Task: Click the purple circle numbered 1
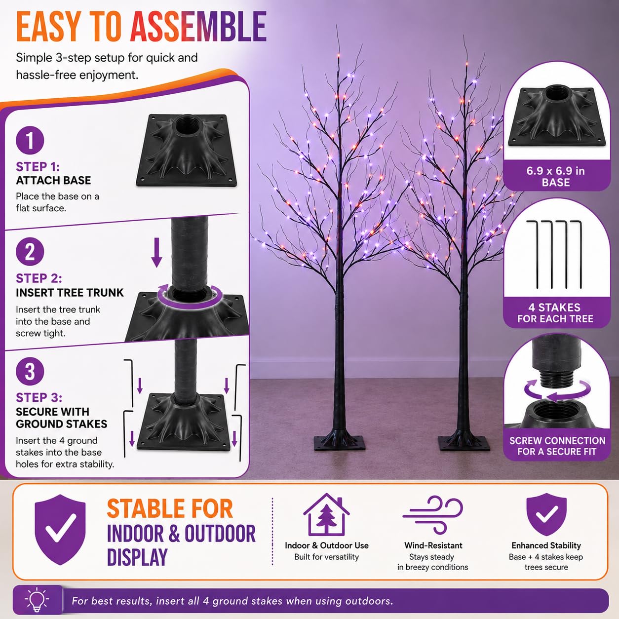click(x=30, y=140)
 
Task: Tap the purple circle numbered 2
click(x=30, y=252)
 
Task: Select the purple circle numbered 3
click(x=30, y=371)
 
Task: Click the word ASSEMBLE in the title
click(x=198, y=27)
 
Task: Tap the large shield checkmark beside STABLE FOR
click(x=60, y=529)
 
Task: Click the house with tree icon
click(x=326, y=515)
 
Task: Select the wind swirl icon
click(x=432, y=515)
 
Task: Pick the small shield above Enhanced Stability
click(x=546, y=515)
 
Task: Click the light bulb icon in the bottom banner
click(x=37, y=599)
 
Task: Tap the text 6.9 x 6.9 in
click(x=555, y=171)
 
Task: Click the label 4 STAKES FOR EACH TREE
click(x=555, y=313)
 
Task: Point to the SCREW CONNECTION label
click(x=557, y=441)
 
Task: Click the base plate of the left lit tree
click(x=340, y=443)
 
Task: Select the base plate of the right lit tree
click(x=464, y=443)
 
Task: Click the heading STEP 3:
click(x=39, y=398)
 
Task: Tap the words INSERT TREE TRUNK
click(x=70, y=293)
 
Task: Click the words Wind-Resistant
click(x=433, y=545)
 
